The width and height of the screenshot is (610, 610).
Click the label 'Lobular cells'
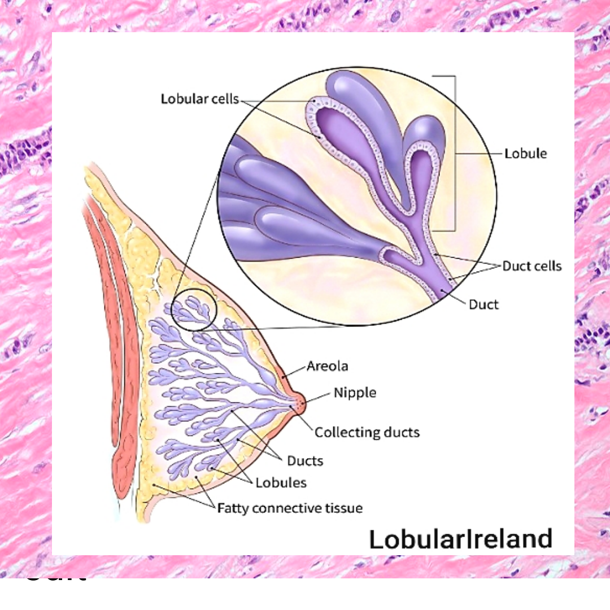click(201, 99)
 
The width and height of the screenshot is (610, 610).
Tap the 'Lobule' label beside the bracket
click(526, 153)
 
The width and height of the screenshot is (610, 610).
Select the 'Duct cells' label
click(532, 265)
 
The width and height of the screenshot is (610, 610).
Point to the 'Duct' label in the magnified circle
click(484, 304)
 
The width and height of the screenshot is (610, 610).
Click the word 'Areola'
click(328, 366)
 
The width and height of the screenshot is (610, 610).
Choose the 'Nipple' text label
click(355, 392)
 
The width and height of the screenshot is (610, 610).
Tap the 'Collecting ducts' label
click(367, 433)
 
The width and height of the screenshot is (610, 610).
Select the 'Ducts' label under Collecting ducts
click(305, 460)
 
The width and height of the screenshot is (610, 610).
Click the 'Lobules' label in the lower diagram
click(281, 483)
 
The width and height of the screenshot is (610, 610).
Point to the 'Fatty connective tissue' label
click(290, 508)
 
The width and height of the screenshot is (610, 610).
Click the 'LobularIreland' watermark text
click(460, 539)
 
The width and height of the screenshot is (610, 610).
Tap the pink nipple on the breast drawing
click(298, 403)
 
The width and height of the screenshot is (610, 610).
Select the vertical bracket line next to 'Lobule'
click(455, 152)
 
